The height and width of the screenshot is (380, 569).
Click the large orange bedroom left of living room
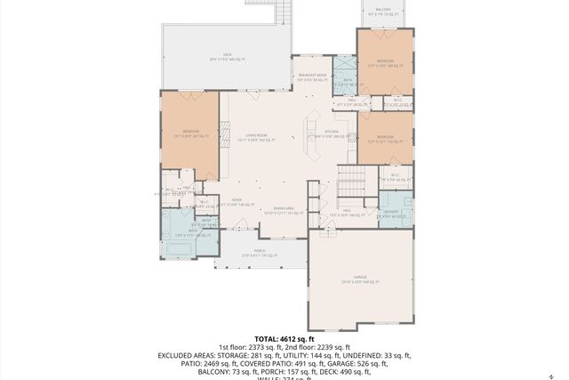pyautogui.click(x=190, y=133)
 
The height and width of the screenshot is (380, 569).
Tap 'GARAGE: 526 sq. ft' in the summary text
pyautogui.click(x=376, y=364)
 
